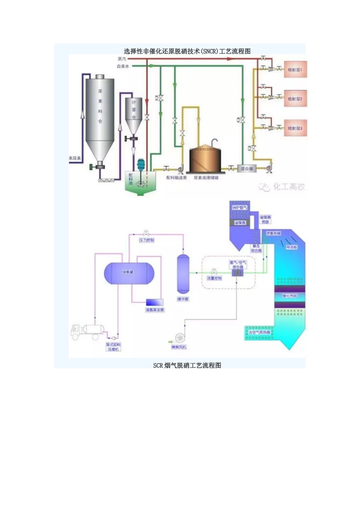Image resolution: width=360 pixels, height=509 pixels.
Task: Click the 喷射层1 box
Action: [295, 70]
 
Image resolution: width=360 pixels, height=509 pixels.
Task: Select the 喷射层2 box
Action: [295, 99]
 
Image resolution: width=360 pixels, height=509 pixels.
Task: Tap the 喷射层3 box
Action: [295, 128]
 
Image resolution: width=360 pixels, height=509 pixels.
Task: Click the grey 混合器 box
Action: [247, 169]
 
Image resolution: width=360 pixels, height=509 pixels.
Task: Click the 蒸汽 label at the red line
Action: [122, 59]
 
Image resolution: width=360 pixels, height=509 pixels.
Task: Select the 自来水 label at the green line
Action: [123, 66]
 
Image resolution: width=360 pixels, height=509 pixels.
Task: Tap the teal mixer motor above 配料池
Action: [141, 164]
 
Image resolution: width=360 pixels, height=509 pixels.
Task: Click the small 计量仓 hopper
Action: [134, 114]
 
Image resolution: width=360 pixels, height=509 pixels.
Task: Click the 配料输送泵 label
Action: [177, 178]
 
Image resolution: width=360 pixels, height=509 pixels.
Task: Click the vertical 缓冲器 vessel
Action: [183, 273]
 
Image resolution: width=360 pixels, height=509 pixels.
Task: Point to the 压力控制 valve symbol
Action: [146, 233]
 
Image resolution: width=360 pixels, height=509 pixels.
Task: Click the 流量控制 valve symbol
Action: [214, 272]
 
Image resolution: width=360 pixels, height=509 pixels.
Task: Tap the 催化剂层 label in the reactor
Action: [290, 296]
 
